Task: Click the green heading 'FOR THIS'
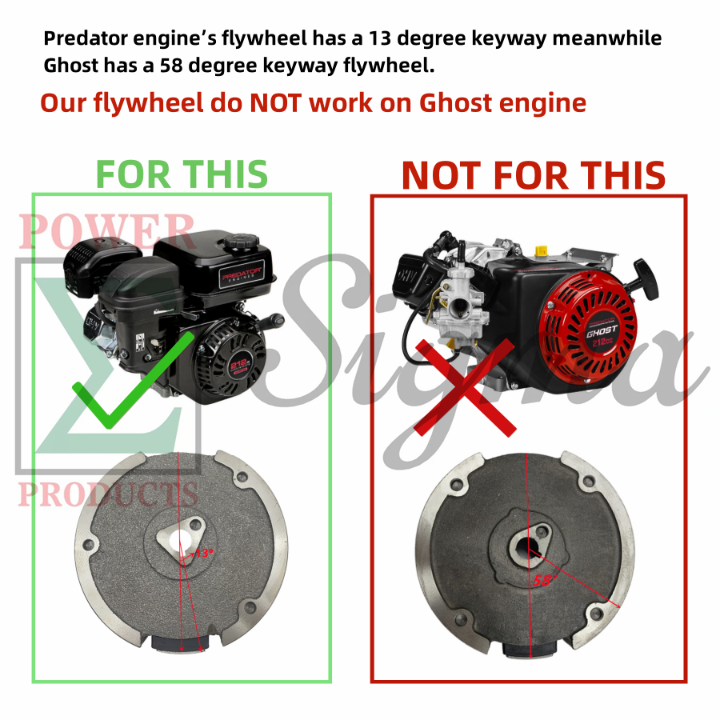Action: (x=182, y=174)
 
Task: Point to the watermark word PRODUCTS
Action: (x=108, y=494)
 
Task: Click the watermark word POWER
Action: (x=107, y=232)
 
